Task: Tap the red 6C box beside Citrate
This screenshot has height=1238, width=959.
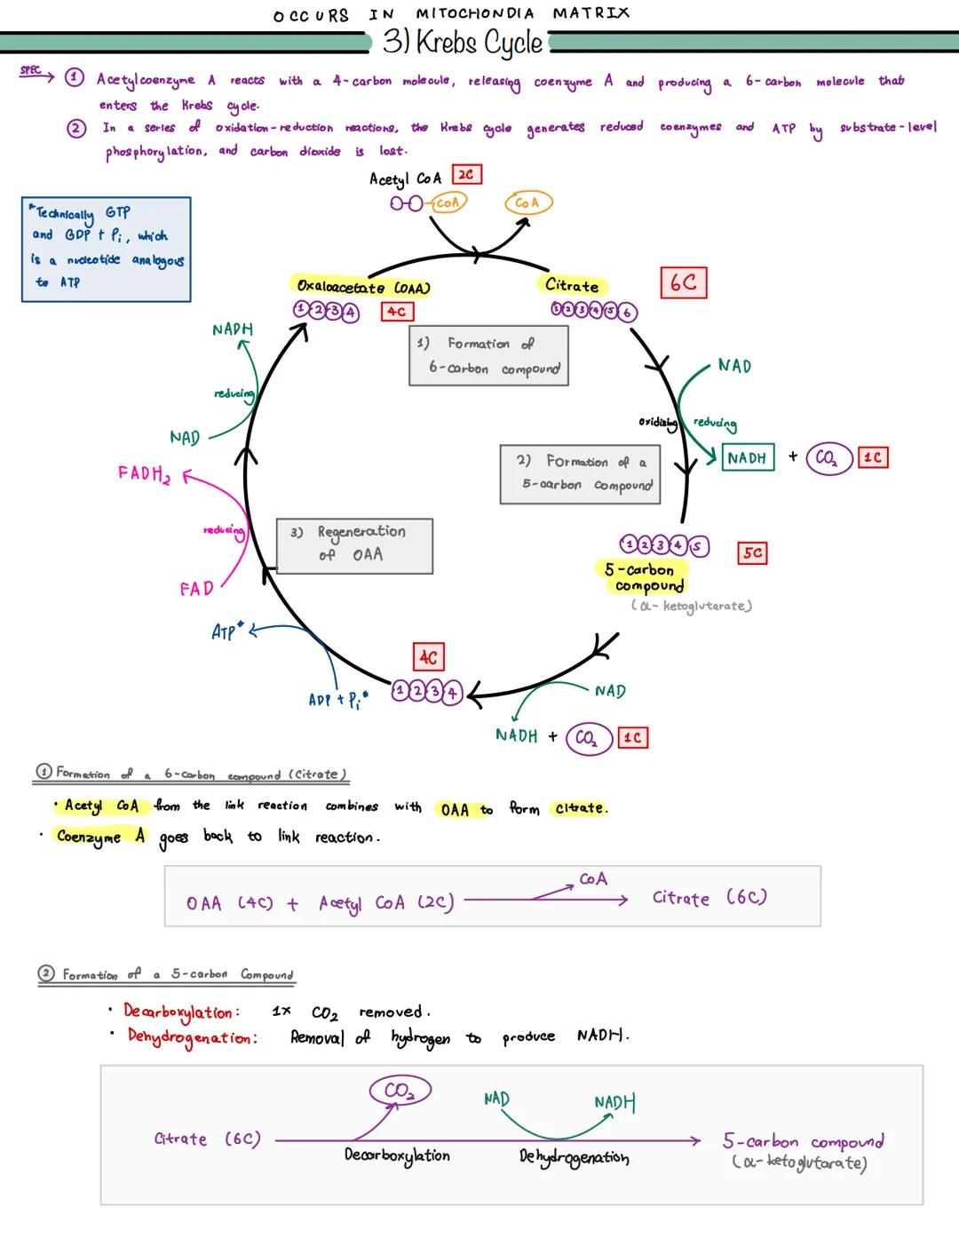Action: tap(683, 282)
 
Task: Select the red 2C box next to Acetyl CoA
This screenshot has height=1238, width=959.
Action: tap(466, 175)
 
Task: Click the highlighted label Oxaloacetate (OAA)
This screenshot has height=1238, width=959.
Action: tap(362, 287)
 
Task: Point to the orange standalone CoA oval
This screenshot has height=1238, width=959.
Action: tap(527, 203)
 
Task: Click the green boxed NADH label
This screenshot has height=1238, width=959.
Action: tap(747, 457)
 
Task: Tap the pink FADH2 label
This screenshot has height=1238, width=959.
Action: tap(143, 474)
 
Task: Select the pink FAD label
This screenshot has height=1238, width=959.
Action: tap(196, 589)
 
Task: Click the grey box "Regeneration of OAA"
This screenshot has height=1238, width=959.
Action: tap(354, 545)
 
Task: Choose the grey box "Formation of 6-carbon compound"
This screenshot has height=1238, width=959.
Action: tap(488, 355)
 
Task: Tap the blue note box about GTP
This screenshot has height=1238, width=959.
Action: tap(106, 249)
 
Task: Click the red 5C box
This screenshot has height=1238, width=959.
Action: tap(752, 552)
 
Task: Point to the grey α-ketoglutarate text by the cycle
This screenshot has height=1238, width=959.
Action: tap(692, 607)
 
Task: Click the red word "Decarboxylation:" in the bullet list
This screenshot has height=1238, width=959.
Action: tap(180, 1012)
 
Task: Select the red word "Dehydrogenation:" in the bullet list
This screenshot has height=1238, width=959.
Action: tap(191, 1036)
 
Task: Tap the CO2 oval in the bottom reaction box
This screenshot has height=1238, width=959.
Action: tap(400, 1091)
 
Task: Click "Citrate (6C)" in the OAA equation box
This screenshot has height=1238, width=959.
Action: tap(709, 898)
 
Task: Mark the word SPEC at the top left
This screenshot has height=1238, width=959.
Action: tap(30, 71)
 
